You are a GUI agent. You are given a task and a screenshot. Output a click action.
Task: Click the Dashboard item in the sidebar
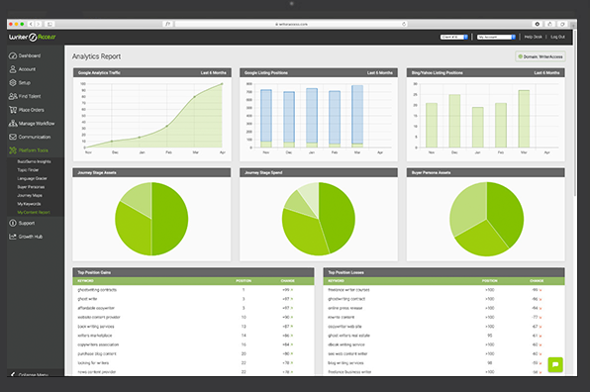tap(29, 56)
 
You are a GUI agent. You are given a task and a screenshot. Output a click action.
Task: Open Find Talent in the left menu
tap(31, 96)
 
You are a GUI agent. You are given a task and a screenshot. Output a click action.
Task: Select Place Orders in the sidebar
tap(31, 110)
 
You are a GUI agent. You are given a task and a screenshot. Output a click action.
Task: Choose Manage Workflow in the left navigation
tap(36, 123)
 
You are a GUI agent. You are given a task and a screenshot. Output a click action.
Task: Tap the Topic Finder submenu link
tap(28, 169)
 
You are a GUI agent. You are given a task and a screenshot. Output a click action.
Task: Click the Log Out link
tap(558, 37)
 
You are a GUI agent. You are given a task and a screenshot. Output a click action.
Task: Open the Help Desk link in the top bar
tap(533, 37)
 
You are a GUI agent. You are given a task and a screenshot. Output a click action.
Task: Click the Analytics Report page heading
tap(103, 56)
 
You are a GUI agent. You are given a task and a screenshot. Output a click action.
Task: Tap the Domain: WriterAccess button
tap(541, 56)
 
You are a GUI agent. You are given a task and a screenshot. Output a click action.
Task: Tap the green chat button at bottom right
tap(554, 364)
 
